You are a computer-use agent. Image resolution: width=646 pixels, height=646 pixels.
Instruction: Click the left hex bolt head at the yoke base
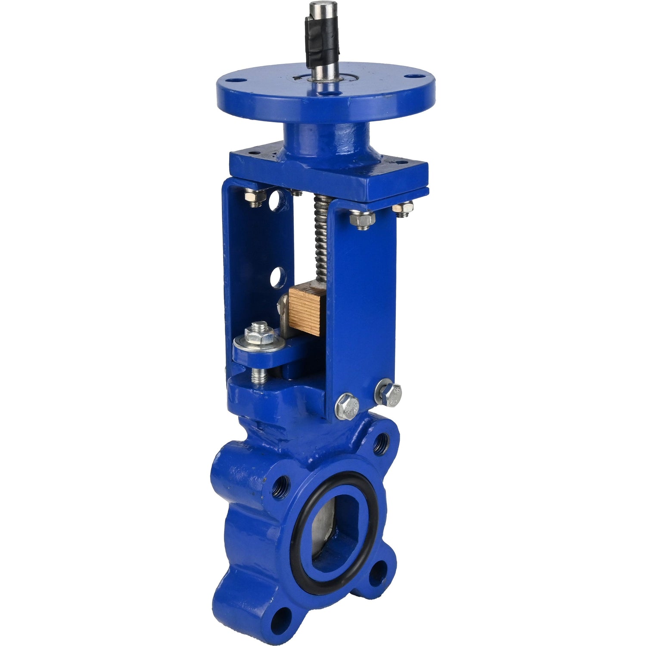[x=347, y=406]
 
